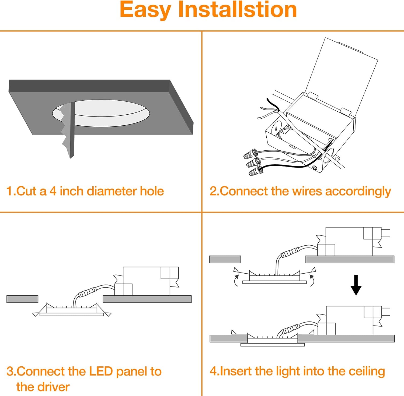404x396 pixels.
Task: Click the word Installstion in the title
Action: (x=238, y=10)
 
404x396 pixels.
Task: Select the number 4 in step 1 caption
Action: (x=53, y=191)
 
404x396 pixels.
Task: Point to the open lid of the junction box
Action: (x=342, y=75)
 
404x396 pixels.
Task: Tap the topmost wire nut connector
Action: (x=250, y=154)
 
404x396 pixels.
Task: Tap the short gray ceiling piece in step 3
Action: (x=22, y=299)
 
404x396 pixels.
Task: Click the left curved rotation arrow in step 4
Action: (x=236, y=280)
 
